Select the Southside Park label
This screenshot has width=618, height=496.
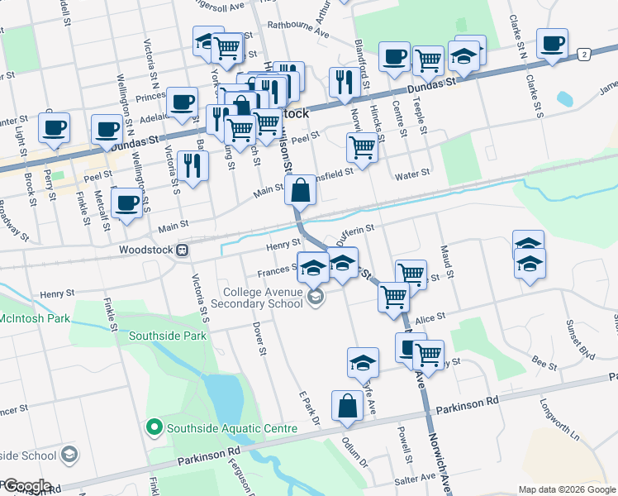pyautogui.click(x=168, y=336)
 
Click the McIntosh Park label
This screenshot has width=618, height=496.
pyautogui.click(x=32, y=317)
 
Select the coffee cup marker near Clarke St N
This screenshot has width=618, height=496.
pyautogui.click(x=551, y=43)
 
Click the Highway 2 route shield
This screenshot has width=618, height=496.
pyautogui.click(x=584, y=54)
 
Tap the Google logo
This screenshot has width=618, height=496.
pyautogui.click(x=26, y=486)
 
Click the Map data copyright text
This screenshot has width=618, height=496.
pyautogui.click(x=567, y=489)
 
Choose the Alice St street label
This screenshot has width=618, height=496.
pyautogui.click(x=430, y=317)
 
